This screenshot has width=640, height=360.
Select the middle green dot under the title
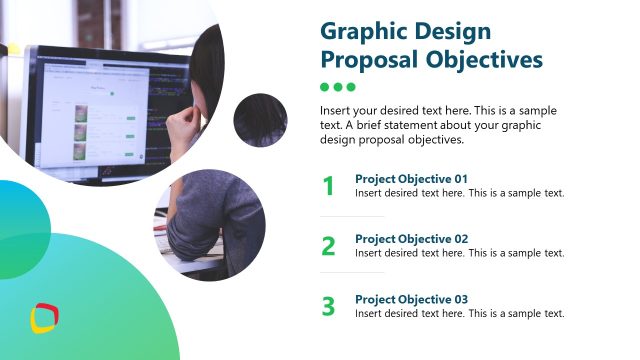(x=337, y=87)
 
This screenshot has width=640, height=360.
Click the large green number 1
(x=328, y=186)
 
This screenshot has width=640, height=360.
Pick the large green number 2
(x=328, y=246)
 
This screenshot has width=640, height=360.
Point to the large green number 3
(x=328, y=306)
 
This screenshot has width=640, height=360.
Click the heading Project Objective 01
(x=411, y=179)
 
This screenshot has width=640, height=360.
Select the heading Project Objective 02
(x=411, y=239)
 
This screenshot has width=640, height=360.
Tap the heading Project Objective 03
(x=411, y=299)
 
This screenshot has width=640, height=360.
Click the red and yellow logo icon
(x=44, y=319)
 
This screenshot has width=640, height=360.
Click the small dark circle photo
(x=261, y=120)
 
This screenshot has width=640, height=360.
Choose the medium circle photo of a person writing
(x=209, y=225)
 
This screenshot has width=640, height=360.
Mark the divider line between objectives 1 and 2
(x=352, y=216)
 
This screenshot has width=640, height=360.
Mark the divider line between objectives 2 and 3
(x=352, y=272)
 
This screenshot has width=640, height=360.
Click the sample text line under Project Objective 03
(x=460, y=313)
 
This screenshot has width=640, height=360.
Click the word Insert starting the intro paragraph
(x=337, y=110)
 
